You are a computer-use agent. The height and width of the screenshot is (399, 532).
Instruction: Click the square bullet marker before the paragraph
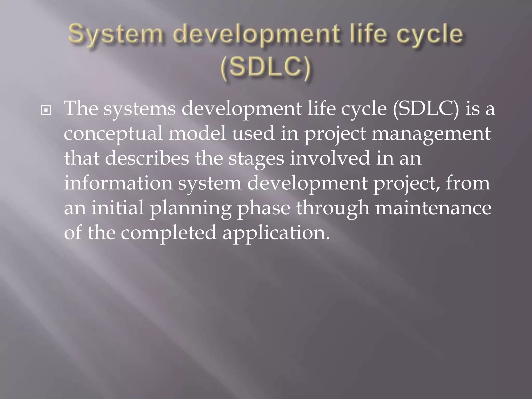(46, 111)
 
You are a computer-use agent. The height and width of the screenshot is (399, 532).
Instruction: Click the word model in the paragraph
(197, 133)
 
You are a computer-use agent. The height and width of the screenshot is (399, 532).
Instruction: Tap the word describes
(147, 158)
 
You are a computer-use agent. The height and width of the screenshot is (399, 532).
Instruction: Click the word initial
(118, 208)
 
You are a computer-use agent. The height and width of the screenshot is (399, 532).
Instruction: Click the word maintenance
(433, 208)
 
